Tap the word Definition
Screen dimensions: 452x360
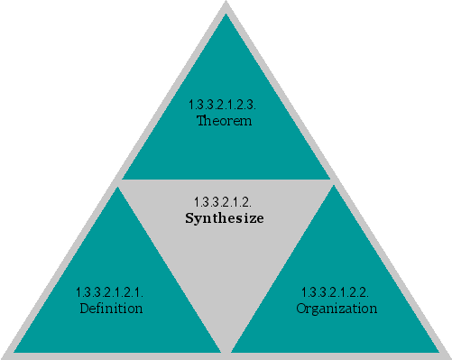click(111, 309)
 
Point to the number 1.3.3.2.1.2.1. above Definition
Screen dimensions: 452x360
click(111, 293)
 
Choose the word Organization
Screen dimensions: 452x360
click(337, 309)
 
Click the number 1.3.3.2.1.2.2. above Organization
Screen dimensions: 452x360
click(337, 293)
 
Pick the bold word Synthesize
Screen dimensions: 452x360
click(225, 217)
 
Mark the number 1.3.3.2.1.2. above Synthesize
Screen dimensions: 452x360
click(225, 200)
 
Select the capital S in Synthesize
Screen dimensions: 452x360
click(189, 217)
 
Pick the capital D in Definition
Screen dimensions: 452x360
click(84, 309)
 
